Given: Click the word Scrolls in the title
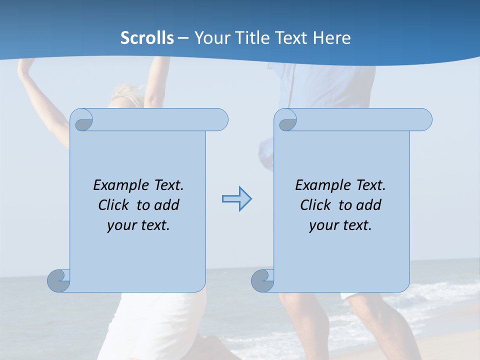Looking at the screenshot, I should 147,38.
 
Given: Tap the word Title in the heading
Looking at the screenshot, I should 249,38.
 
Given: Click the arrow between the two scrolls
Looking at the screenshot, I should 236,199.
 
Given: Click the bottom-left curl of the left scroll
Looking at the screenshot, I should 58,280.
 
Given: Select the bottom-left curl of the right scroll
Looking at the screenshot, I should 262,280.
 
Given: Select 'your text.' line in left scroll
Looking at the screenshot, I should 138,225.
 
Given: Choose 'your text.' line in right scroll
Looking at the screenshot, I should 340,225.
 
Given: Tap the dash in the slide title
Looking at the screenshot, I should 183,38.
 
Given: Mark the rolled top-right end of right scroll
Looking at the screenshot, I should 422,119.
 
